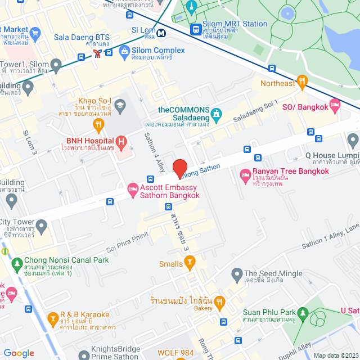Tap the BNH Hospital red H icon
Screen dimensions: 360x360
tap(120, 141)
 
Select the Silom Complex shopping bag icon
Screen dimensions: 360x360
tap(124, 51)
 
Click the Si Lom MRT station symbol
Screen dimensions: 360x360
tap(161, 33)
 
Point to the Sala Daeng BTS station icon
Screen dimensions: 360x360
tap(99, 53)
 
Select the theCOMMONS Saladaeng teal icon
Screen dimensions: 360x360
tap(216, 116)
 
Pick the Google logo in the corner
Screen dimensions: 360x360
tap(19, 353)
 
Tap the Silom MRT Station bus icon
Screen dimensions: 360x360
tap(196, 29)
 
